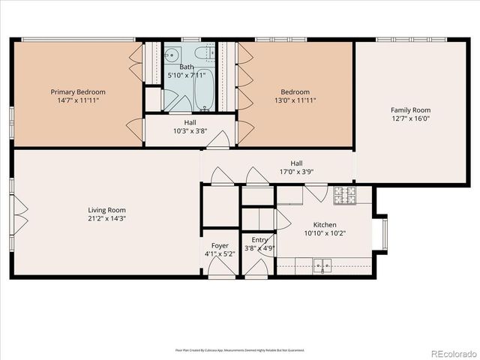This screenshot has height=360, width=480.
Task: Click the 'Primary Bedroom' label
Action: point(73,91)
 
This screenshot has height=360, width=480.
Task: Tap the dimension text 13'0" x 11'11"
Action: point(295,100)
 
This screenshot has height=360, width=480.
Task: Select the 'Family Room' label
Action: point(410,109)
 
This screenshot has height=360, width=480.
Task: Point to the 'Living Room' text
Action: point(106,210)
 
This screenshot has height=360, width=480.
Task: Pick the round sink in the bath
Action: point(172,54)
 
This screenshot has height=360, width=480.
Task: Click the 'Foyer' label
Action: point(220,245)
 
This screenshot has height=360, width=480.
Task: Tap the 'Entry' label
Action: point(259,240)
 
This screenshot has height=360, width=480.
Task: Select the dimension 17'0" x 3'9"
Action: point(296,171)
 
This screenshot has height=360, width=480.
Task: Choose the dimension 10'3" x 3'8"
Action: point(190,130)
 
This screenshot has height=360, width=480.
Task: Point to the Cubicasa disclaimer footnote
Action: point(240,349)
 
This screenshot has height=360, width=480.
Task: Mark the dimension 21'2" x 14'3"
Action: point(106,219)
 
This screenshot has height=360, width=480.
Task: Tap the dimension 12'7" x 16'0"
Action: point(410,118)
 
